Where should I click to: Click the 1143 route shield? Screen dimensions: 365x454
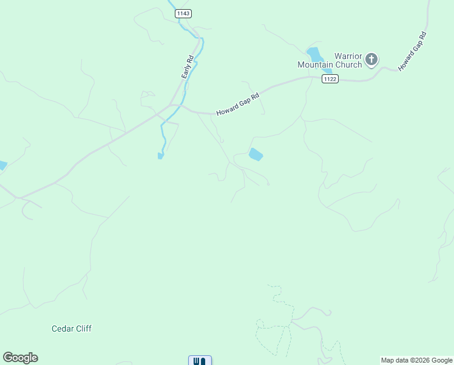tap(183, 13)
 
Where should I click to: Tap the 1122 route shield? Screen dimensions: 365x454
tap(330, 79)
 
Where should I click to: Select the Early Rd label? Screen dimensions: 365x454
tap(188, 67)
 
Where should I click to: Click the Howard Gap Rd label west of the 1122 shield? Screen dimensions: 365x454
tap(238, 103)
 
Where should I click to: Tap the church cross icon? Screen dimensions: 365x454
tap(371, 60)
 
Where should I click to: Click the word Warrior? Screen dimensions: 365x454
tap(348, 56)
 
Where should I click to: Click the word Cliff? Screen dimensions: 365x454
tap(83, 328)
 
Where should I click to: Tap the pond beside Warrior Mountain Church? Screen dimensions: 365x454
tap(315, 55)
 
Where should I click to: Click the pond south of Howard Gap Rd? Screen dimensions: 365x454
tap(256, 155)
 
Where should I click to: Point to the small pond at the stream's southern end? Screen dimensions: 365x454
tap(160, 156)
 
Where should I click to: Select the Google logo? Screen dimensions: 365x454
tap(20, 358)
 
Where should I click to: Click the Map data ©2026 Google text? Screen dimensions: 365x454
tap(417, 360)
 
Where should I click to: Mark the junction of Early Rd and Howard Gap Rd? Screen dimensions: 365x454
tap(174, 105)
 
